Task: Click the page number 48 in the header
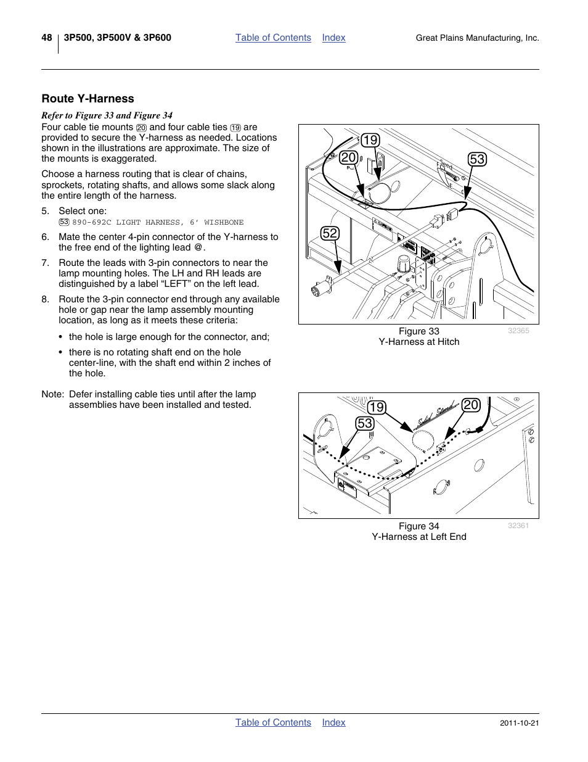click(47, 38)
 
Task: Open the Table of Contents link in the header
click(273, 38)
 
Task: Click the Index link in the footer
click(333, 723)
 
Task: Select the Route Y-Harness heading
click(88, 99)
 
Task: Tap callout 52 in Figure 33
click(330, 233)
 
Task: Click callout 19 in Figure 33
click(370, 140)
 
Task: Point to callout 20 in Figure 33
click(348, 157)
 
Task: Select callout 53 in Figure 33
click(477, 159)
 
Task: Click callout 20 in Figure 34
click(471, 405)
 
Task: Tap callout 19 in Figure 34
click(376, 407)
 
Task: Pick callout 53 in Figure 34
click(365, 423)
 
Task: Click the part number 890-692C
click(92, 222)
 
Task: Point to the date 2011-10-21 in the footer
click(519, 723)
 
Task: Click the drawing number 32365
click(518, 331)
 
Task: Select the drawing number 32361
click(518, 526)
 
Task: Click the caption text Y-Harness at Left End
click(419, 537)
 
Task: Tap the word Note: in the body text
click(53, 394)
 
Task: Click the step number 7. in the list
click(45, 263)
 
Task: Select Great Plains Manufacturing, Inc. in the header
click(477, 38)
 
